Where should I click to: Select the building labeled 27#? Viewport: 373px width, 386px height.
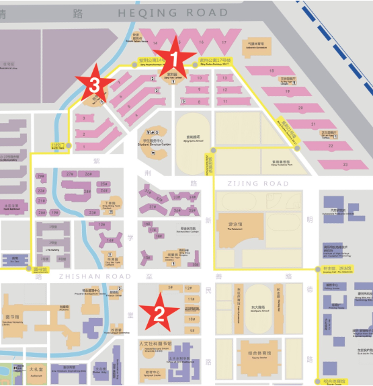pos(70,173)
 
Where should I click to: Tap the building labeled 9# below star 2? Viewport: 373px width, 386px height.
pos(192,330)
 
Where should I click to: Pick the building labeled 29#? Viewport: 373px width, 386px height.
pos(40,176)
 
